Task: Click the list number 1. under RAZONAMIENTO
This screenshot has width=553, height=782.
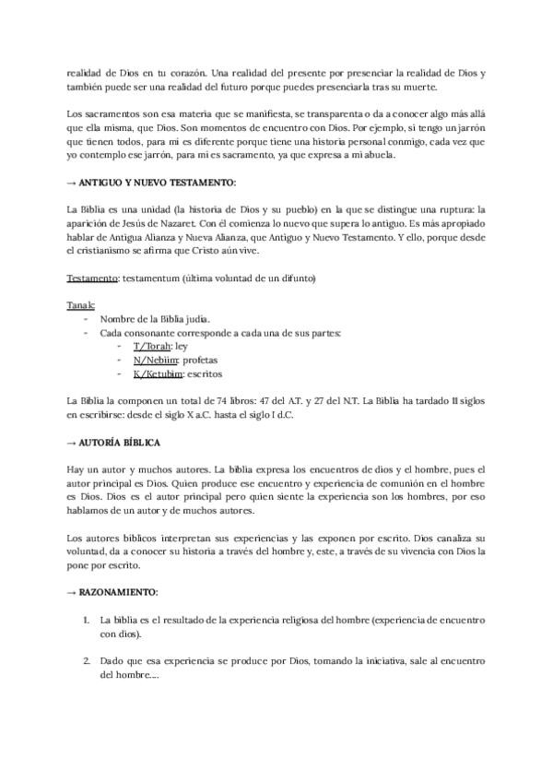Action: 87,622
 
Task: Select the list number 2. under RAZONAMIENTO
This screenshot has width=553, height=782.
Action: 87,661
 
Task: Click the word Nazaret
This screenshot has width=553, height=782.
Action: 199,222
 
